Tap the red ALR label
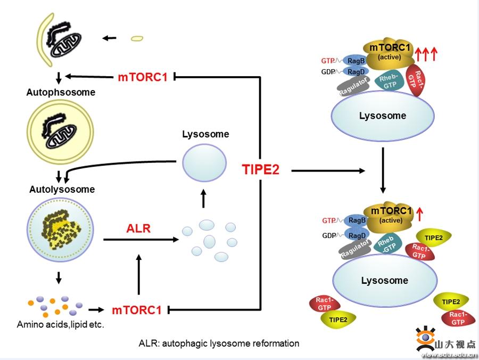(x=138, y=229)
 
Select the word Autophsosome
(x=61, y=92)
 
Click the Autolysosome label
(x=62, y=189)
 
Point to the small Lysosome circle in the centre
(x=204, y=164)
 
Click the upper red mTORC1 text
(x=143, y=77)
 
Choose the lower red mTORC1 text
(x=137, y=309)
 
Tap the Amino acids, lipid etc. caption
(x=60, y=324)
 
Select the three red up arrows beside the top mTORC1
(x=426, y=54)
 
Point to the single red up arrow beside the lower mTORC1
(x=419, y=214)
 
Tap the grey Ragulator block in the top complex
(x=353, y=85)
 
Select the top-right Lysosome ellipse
(x=383, y=116)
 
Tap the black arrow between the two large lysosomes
(x=383, y=170)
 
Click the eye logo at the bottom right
(x=425, y=338)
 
